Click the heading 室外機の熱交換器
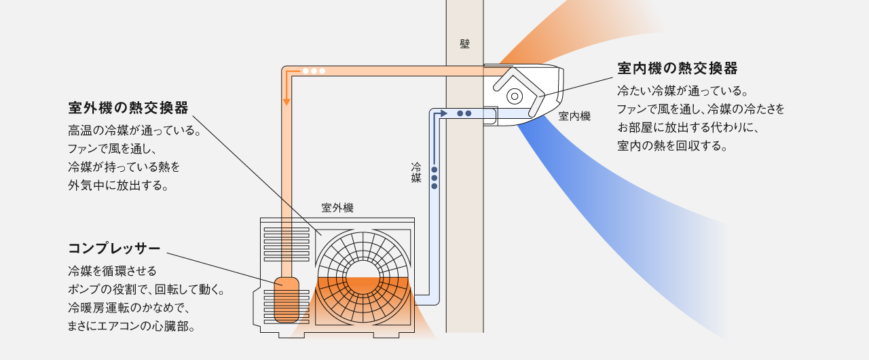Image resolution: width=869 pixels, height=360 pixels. point(128,108)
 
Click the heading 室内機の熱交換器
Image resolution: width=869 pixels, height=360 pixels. point(677,69)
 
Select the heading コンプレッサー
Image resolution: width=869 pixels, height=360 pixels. point(114,247)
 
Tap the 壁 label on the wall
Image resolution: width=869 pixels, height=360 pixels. point(464,43)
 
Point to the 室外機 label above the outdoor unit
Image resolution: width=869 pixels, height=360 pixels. point(337,208)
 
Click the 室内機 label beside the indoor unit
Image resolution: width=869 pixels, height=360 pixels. point(574,117)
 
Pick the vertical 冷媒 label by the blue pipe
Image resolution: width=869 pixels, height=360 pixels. point(416,173)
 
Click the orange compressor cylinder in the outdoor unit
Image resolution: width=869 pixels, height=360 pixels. point(286,299)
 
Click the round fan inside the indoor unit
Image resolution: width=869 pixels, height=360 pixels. point(515,96)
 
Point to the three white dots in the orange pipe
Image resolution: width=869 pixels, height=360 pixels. point(314,71)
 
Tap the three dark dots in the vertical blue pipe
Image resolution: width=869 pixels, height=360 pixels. point(434,178)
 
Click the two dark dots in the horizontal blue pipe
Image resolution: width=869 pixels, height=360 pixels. point(464,113)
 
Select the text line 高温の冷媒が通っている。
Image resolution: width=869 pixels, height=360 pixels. point(134,130)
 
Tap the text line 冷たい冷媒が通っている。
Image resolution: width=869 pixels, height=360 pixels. point(682,90)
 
